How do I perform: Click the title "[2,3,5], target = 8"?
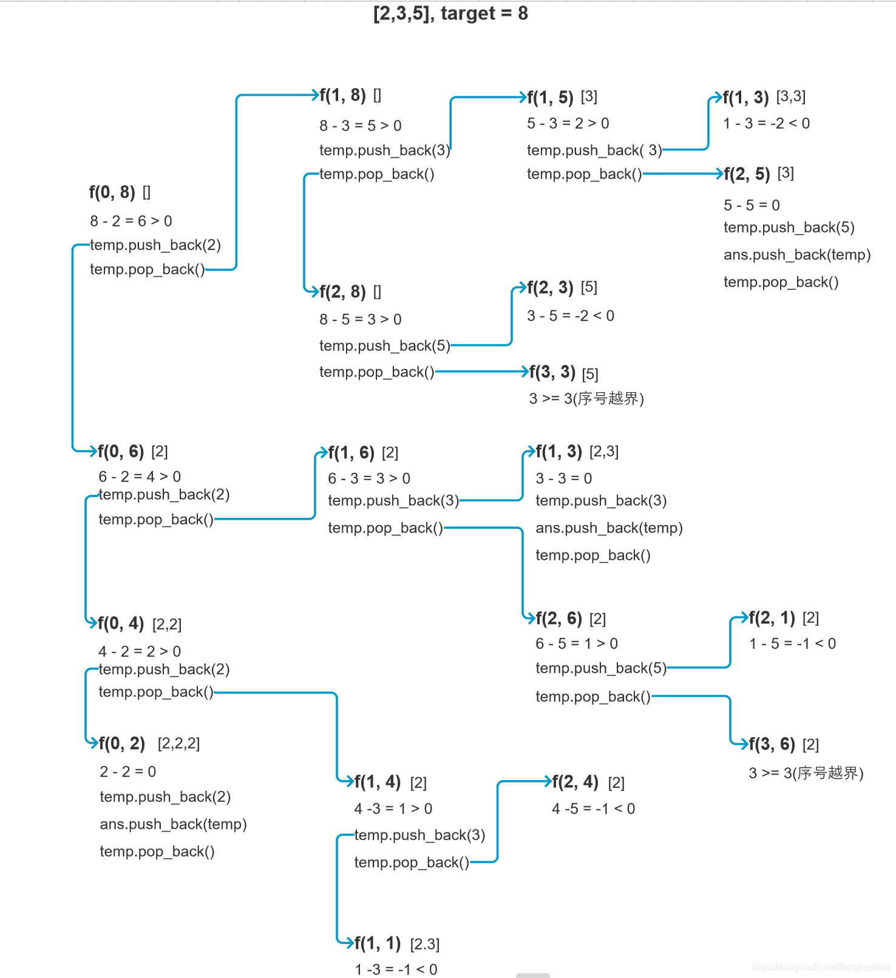(450, 13)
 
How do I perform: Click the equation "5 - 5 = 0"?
(752, 205)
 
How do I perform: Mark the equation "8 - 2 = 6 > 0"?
(131, 221)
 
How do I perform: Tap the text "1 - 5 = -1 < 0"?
(792, 644)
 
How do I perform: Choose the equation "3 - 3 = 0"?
(563, 478)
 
